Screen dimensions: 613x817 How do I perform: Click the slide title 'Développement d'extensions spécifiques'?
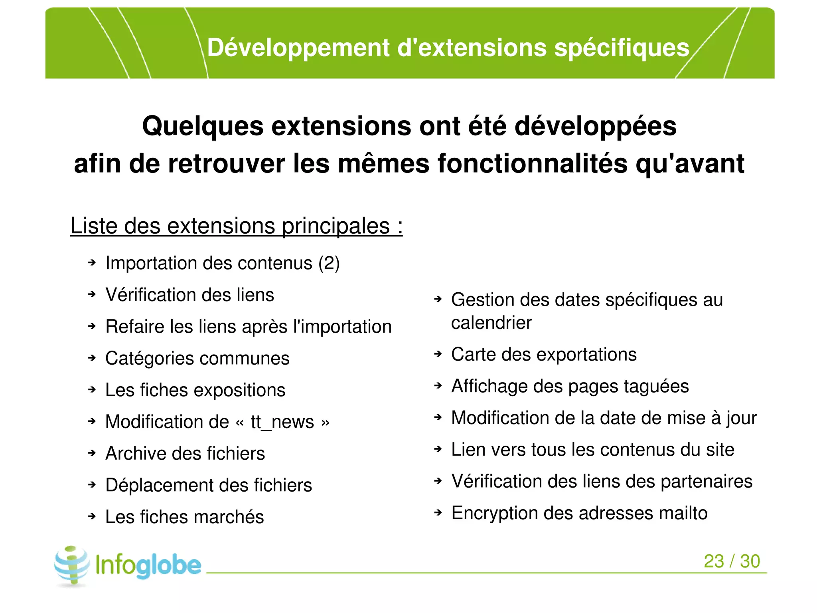click(448, 48)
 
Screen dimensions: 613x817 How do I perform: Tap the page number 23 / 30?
click(732, 561)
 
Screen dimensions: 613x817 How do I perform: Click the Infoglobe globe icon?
click(72, 565)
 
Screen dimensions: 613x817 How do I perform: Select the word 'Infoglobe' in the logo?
click(148, 565)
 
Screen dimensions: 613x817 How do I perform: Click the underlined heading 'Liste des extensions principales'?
click(236, 226)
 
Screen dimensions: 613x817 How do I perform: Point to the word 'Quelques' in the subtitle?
click(203, 126)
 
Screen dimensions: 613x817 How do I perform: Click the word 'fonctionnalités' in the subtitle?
click(532, 164)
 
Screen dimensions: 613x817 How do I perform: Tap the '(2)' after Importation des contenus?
click(329, 263)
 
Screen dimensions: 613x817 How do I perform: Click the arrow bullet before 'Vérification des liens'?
click(92, 295)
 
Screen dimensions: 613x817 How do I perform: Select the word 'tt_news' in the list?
click(282, 422)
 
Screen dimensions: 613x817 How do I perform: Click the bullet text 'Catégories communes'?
click(197, 358)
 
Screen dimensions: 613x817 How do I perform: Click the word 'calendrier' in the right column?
click(491, 323)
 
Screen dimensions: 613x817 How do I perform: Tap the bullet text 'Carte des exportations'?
click(544, 354)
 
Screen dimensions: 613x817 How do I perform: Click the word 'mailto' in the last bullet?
click(683, 513)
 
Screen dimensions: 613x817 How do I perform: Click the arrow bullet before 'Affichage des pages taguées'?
click(438, 386)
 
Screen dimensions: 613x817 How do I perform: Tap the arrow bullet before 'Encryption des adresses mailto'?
click(438, 513)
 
